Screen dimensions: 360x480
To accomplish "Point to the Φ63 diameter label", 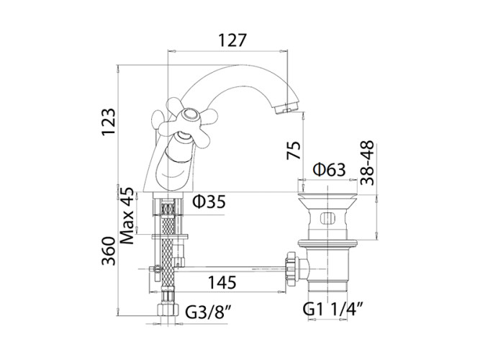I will pos(330,171).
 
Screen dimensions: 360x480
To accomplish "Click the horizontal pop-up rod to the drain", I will pos(230,269).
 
